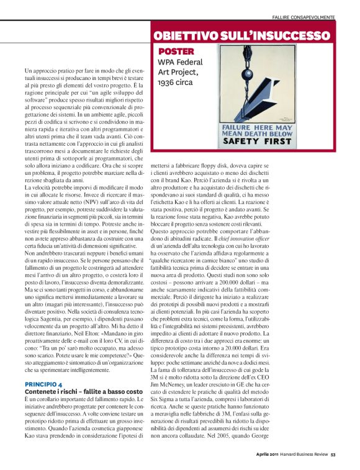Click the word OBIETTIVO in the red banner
186,35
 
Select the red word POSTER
176,51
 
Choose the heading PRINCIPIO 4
43,367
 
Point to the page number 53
333,454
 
